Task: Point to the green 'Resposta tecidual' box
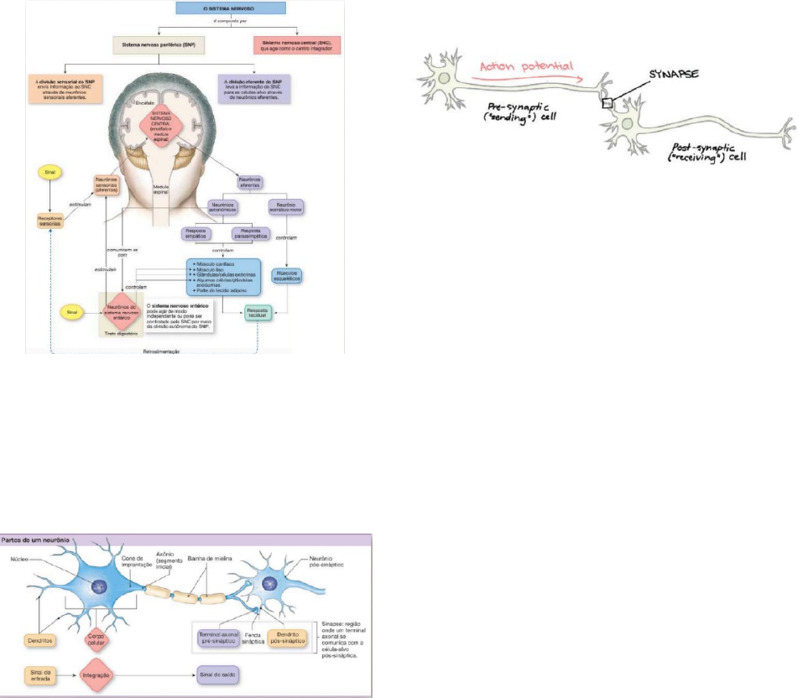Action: coord(259,314)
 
